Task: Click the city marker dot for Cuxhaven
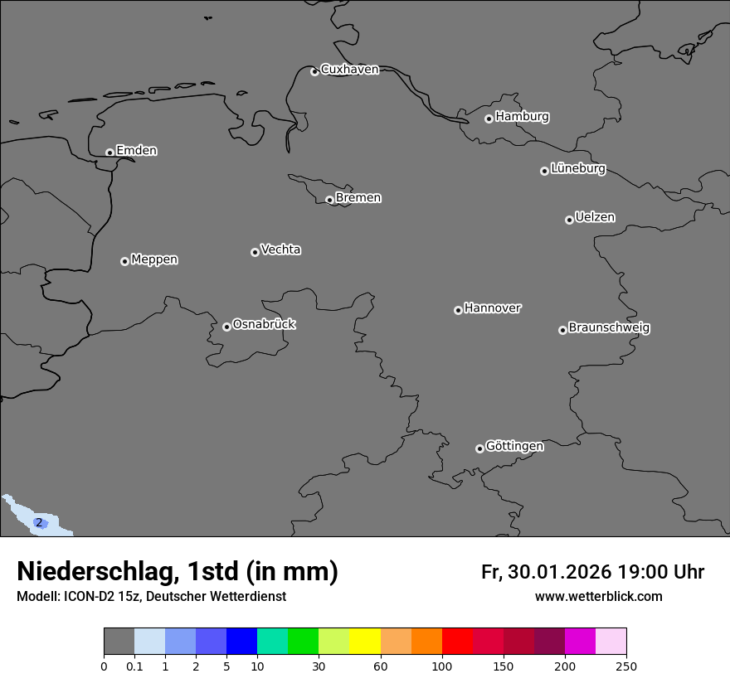click(x=314, y=71)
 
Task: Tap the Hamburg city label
click(x=522, y=117)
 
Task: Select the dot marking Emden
click(x=109, y=153)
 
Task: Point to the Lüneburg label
click(x=578, y=168)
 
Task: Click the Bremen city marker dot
click(x=329, y=200)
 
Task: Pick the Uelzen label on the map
click(x=595, y=217)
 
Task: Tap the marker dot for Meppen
click(x=124, y=261)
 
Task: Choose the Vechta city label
click(x=280, y=250)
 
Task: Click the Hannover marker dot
click(x=458, y=310)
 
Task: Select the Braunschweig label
click(x=609, y=327)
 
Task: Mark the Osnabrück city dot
click(x=226, y=327)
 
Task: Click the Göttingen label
click(x=514, y=446)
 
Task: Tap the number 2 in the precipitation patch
click(x=38, y=523)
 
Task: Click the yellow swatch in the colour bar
click(x=365, y=641)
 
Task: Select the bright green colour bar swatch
click(x=303, y=641)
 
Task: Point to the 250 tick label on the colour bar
click(x=626, y=666)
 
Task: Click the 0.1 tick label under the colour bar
click(x=134, y=666)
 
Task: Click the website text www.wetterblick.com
click(x=599, y=597)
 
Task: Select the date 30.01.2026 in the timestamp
click(x=558, y=572)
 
